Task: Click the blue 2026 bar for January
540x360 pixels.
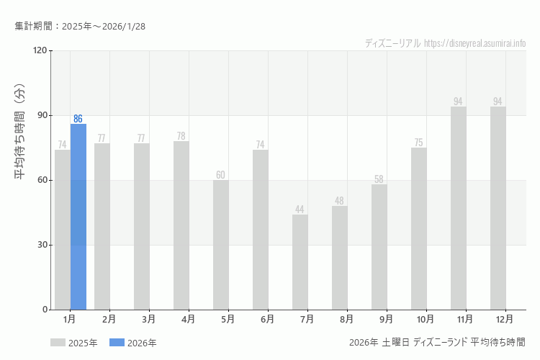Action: pos(78,217)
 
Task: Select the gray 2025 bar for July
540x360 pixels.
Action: pos(300,262)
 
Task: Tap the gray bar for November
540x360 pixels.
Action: pos(459,208)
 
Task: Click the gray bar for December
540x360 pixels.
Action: pos(498,208)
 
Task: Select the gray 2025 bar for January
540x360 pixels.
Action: pos(63,230)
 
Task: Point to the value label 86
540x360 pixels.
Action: pos(78,119)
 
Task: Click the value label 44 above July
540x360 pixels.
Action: pos(300,210)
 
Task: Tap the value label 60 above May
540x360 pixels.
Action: pos(221,175)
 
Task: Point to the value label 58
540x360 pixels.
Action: pos(379,179)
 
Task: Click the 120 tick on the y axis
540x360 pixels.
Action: pos(40,50)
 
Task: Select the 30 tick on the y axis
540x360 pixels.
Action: pos(42,245)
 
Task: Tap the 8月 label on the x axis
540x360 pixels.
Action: pos(346,319)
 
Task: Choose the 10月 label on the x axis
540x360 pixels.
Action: pos(426,319)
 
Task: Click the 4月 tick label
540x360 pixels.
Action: pos(188,319)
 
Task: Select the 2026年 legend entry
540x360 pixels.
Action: pos(132,343)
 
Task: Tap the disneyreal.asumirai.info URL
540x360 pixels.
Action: pos(475,43)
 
